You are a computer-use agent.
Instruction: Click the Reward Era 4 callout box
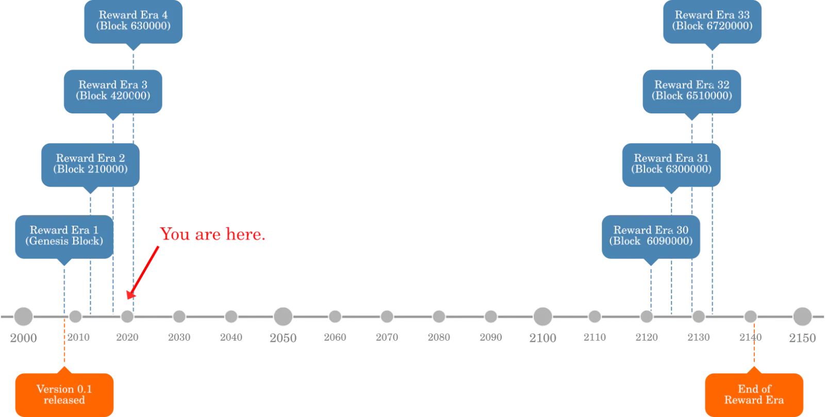[x=134, y=22]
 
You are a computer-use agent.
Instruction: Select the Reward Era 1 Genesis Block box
[x=64, y=237]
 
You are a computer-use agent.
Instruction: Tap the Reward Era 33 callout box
[x=712, y=22]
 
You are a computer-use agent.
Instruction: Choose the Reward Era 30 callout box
[x=651, y=237]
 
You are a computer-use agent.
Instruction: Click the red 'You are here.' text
[x=212, y=234]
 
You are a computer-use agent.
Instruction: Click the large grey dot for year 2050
[x=283, y=316]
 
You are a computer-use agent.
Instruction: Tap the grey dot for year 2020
[x=127, y=316]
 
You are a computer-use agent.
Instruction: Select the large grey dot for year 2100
[x=542, y=316]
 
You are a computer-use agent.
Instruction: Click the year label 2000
[x=23, y=338]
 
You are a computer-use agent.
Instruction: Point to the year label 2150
[x=802, y=338]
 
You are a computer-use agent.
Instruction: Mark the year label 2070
[x=387, y=337]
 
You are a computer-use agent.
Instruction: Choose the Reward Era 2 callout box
[x=90, y=165]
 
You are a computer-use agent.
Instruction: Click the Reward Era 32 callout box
[x=691, y=92]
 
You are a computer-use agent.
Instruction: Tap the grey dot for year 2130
[x=698, y=316]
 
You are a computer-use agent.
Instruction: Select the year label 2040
[x=231, y=337]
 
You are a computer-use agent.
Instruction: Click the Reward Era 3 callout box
[x=113, y=92]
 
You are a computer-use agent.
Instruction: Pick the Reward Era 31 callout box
[x=671, y=165]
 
